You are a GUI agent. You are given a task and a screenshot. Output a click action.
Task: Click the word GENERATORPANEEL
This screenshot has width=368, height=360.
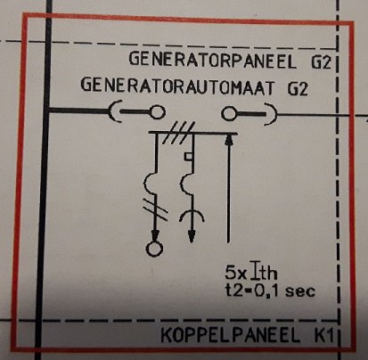[x=213, y=60]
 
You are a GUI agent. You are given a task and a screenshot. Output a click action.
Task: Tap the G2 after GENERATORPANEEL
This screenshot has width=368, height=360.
[x=321, y=61]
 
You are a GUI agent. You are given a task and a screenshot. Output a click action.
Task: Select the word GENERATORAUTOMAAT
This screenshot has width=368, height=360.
[x=177, y=86]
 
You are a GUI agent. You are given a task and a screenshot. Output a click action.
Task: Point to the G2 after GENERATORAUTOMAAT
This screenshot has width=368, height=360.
[x=298, y=88]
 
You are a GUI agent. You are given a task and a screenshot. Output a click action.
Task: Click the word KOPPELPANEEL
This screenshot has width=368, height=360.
[x=231, y=335]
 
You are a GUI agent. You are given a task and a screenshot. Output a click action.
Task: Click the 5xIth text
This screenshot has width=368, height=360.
[x=251, y=272]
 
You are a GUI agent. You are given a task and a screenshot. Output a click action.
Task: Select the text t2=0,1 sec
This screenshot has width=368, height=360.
[x=270, y=290]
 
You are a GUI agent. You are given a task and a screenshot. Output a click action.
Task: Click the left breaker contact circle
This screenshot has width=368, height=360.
[x=158, y=112]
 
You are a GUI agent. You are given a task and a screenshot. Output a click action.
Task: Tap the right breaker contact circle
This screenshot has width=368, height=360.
[x=229, y=113]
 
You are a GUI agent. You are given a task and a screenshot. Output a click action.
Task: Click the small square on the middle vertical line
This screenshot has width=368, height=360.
[x=188, y=157]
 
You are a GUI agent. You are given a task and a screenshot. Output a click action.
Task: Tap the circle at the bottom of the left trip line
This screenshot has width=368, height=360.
[x=154, y=249]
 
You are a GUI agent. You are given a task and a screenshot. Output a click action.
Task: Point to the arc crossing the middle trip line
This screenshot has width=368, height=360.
[x=192, y=215]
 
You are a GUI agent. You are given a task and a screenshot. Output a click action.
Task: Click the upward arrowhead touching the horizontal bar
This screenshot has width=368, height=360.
[x=228, y=139]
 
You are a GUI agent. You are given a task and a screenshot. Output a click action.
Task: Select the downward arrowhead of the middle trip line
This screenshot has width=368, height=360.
[x=192, y=236]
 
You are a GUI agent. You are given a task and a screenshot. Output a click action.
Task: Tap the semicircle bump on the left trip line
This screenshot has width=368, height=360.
[x=149, y=181]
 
